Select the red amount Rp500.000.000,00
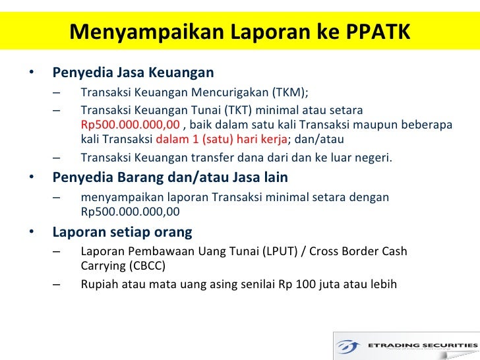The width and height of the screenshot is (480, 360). tap(130, 125)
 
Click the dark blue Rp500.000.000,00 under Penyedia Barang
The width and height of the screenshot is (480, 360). tap(130, 212)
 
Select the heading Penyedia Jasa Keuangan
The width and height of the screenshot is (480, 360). tap(133, 72)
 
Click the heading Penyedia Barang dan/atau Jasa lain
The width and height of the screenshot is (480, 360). tap(169, 178)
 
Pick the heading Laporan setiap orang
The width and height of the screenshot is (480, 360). tap(122, 232)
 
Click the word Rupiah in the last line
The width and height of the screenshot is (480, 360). tap(98, 285)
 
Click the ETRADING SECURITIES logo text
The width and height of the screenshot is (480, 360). tap(419, 344)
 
